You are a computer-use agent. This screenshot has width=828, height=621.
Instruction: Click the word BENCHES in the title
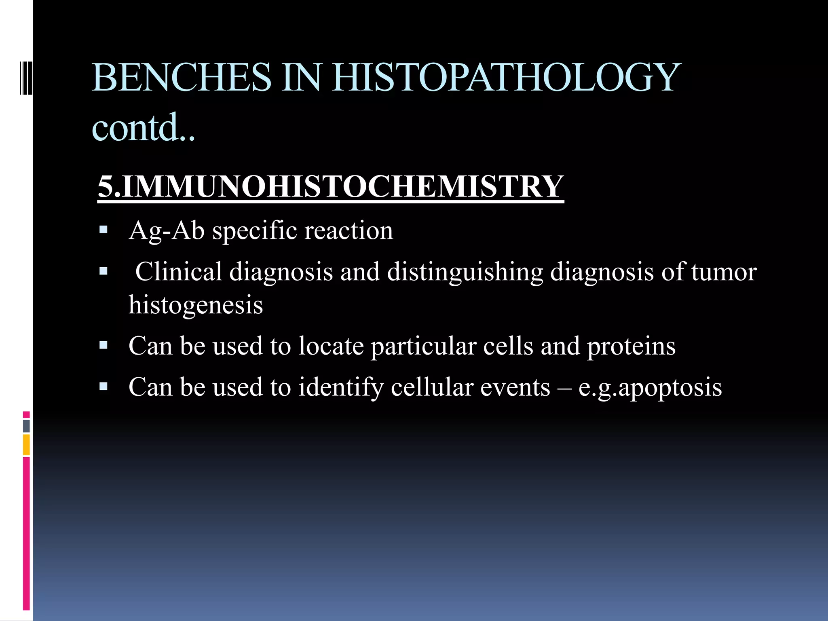[181, 78]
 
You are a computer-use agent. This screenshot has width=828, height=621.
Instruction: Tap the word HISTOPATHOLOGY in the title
[507, 78]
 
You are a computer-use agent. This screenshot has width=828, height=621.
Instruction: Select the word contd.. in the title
[143, 128]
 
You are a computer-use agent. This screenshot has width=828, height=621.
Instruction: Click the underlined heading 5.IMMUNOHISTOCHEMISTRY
[330, 187]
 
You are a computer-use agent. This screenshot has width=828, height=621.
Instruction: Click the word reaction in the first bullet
[348, 231]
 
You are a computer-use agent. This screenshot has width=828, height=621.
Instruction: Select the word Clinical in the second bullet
[178, 272]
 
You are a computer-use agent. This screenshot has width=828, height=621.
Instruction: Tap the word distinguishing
[465, 272]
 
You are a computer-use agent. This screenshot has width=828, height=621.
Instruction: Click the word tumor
[724, 272]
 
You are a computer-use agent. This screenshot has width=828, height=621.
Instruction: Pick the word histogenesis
[196, 305]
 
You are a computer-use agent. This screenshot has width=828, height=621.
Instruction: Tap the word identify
[340, 387]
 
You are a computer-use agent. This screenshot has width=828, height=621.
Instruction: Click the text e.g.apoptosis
[650, 387]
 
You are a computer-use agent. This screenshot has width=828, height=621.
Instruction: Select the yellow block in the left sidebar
[26, 445]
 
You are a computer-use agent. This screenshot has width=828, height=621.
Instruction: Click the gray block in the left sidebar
[26, 426]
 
